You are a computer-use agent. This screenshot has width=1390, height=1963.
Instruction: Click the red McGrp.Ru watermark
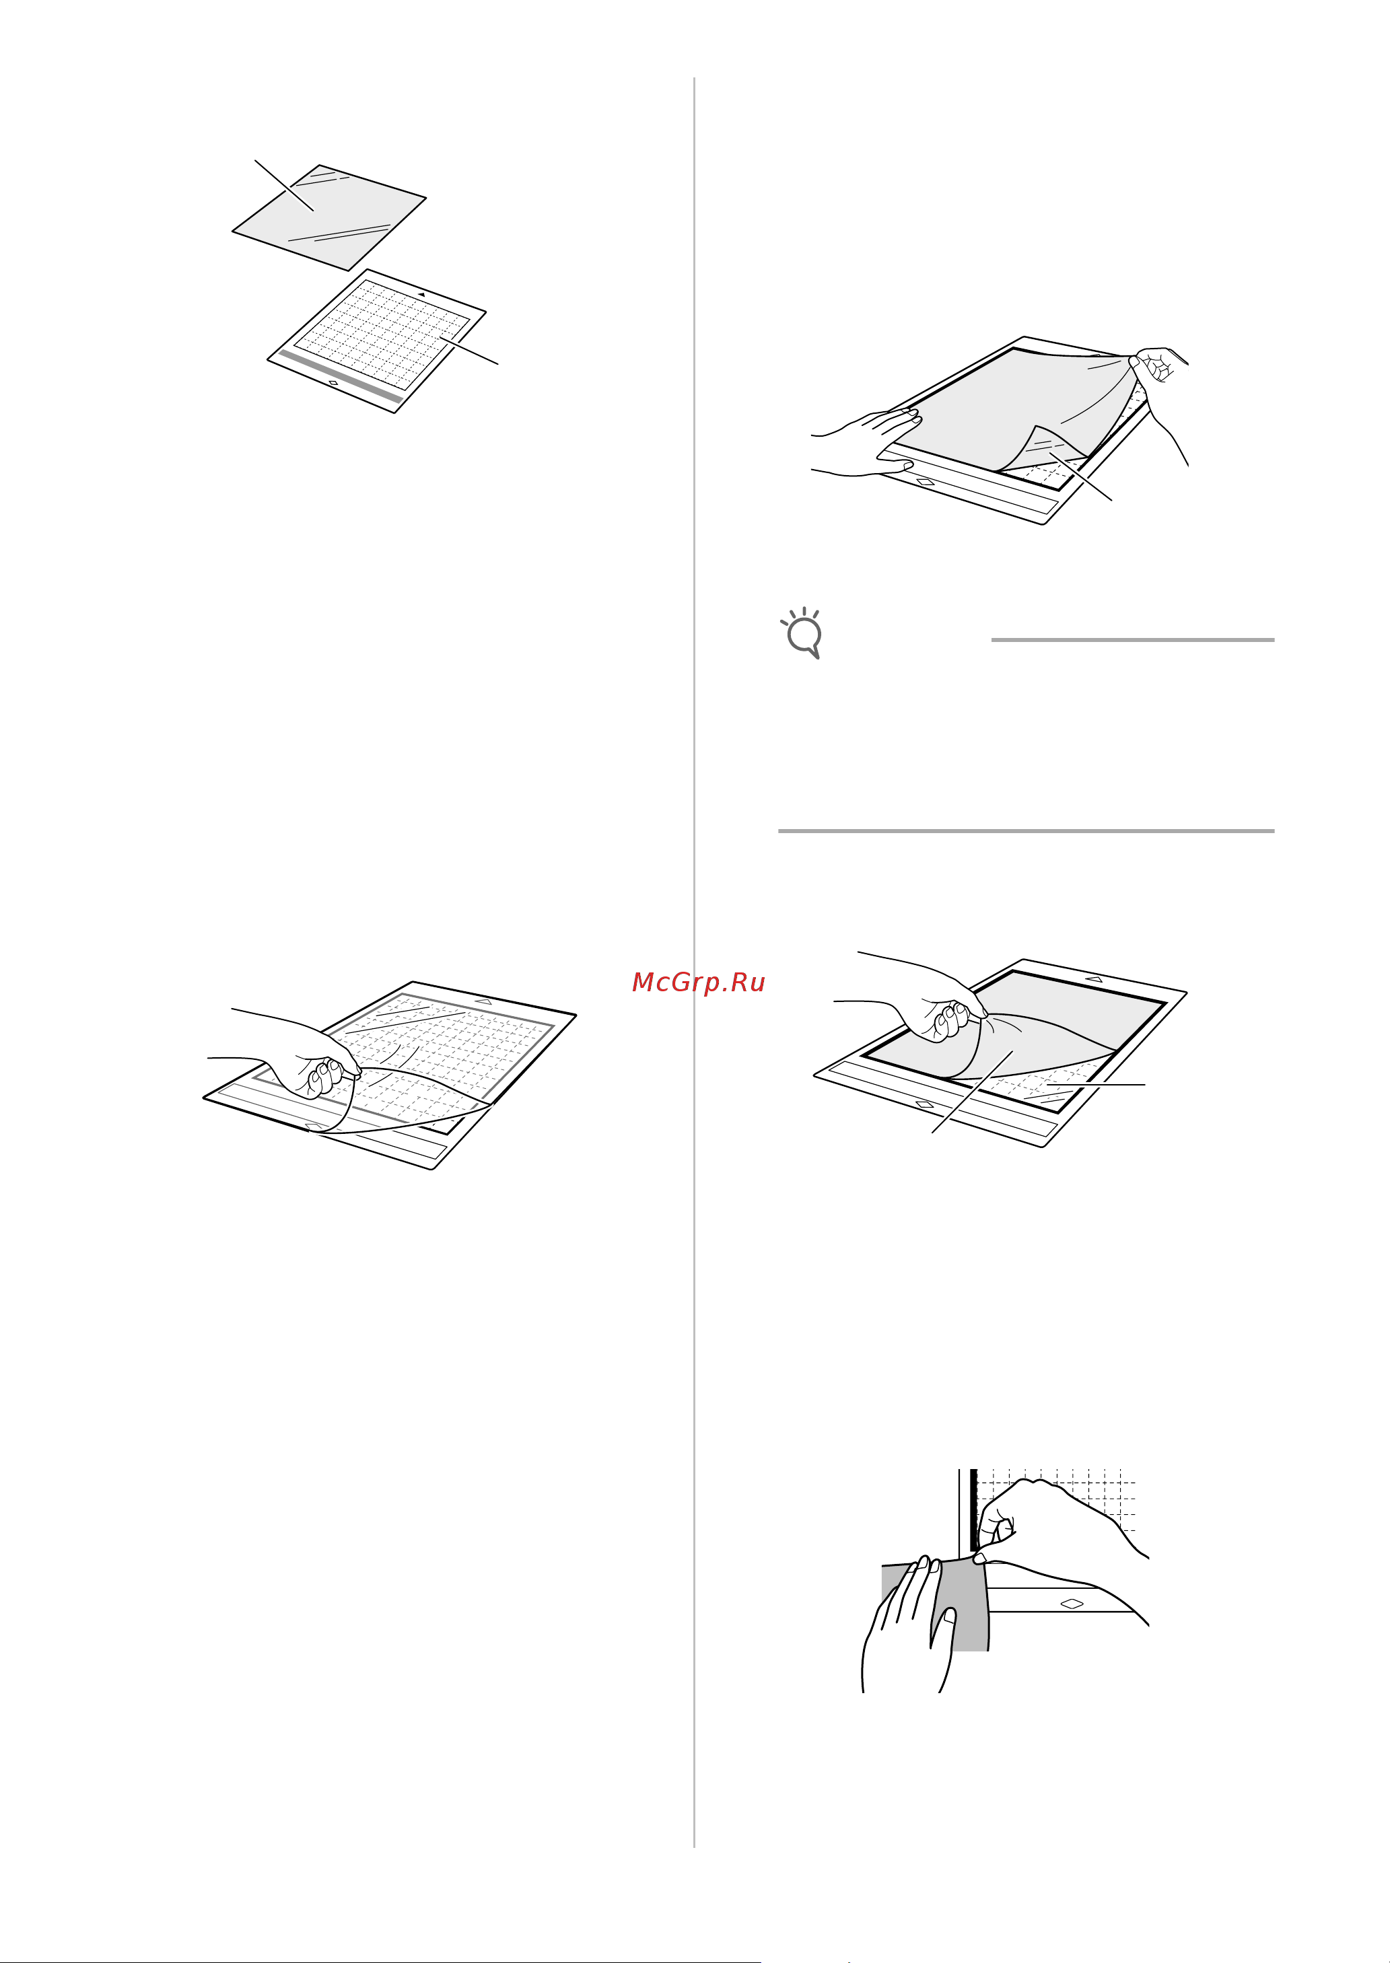click(699, 983)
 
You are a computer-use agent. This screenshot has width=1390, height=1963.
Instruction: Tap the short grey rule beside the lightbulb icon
click(1132, 639)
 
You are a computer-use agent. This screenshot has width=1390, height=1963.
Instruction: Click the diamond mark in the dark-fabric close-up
click(1072, 1604)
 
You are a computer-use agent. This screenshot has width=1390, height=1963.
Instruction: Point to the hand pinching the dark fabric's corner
click(1062, 1532)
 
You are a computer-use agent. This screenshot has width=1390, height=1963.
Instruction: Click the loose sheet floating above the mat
click(330, 217)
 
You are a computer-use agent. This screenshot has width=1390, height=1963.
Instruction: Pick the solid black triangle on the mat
click(421, 294)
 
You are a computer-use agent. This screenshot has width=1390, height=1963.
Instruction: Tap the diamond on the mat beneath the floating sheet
click(333, 382)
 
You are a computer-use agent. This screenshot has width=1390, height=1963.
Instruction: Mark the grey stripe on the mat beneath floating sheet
click(341, 376)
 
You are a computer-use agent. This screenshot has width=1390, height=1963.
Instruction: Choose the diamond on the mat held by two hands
click(926, 482)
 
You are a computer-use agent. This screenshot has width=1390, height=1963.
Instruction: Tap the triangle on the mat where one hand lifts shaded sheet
click(1093, 978)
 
